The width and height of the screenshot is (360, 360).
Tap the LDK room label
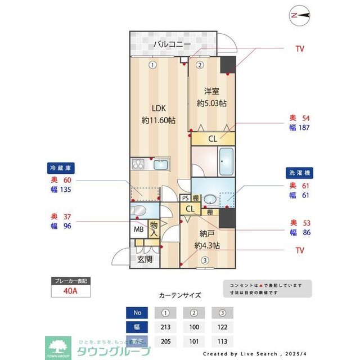tap(158, 109)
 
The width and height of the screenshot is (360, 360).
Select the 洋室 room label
tap(211, 92)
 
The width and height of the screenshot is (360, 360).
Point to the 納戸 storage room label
tap(206, 233)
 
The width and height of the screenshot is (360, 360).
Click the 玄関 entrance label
tap(145, 259)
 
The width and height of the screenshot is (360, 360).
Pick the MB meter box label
tap(138, 229)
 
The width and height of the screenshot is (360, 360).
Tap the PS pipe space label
tap(185, 197)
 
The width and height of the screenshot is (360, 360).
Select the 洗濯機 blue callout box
tap(298, 173)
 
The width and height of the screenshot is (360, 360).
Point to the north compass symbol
tap(299, 15)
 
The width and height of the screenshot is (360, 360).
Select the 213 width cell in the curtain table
tap(166, 327)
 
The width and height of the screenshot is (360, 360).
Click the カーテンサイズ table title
tap(180, 294)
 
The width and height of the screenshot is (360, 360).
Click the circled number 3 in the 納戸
tap(206, 260)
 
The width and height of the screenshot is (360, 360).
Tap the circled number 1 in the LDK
tap(152, 65)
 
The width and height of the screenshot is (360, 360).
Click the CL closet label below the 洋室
tap(213, 138)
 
